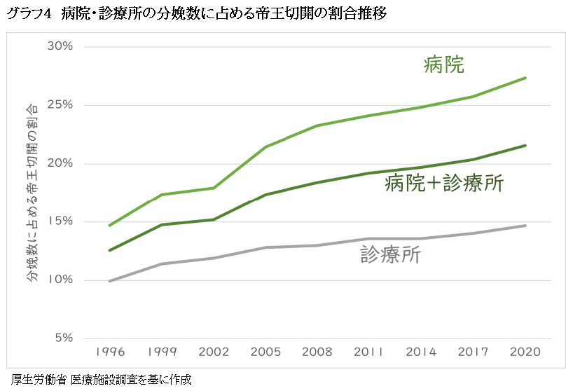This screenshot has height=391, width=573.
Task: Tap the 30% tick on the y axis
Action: (x=60, y=47)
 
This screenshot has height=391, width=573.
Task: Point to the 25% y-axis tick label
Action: (x=60, y=105)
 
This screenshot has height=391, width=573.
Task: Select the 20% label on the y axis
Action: (x=60, y=163)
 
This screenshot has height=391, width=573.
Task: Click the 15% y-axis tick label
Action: (x=60, y=221)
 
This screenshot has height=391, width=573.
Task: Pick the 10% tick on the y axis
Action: (x=60, y=280)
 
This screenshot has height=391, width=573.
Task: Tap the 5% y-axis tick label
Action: (x=62, y=338)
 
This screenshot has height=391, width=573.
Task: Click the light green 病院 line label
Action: (x=444, y=65)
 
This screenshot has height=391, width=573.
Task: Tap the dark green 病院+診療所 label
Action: (x=444, y=184)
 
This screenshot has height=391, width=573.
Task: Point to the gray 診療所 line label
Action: (x=390, y=254)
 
